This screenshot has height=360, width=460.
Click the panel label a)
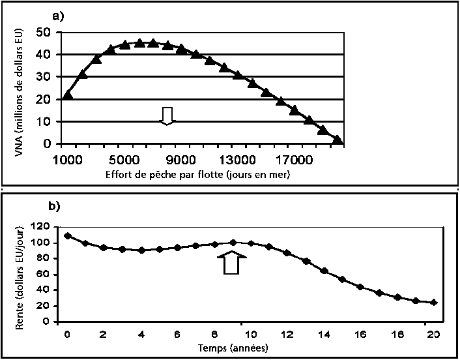57,17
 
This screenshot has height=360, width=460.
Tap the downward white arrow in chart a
167,115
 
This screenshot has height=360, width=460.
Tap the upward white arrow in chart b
232,263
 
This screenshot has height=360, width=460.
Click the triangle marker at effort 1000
67,95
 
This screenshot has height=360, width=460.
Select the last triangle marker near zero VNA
337,139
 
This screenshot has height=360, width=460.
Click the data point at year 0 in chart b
67,235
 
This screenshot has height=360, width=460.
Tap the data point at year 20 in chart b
434,302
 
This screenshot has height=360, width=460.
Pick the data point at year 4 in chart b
141,250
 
